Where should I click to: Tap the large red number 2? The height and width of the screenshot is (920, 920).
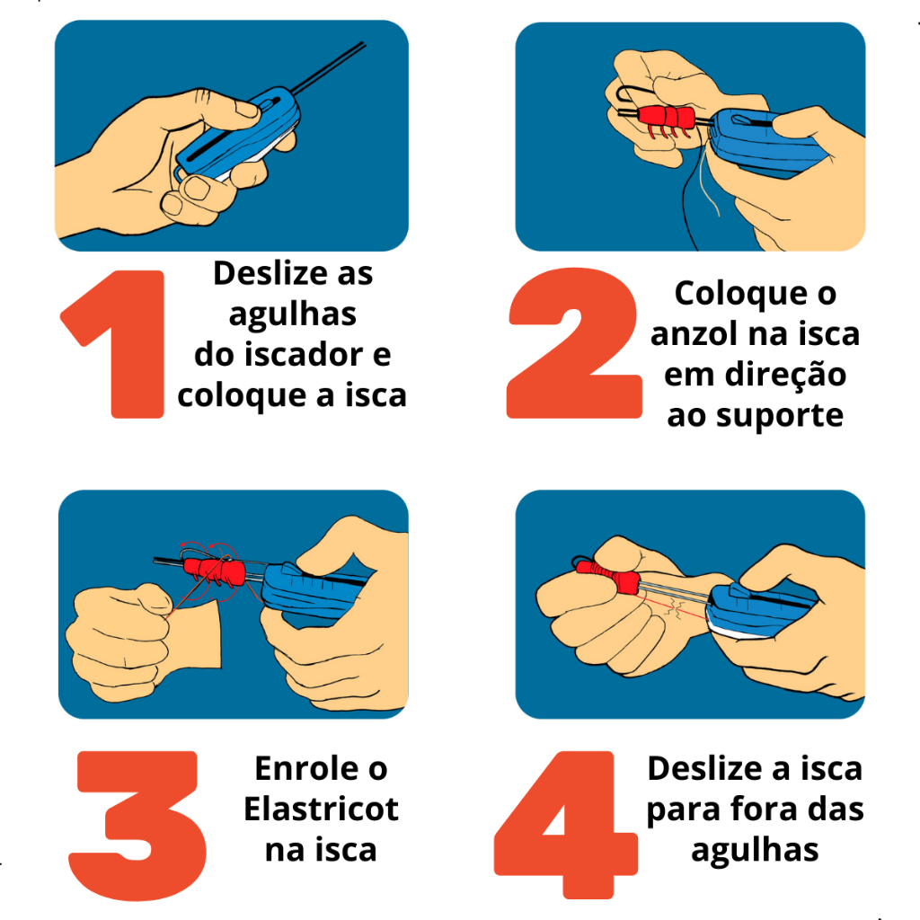coord(574,343)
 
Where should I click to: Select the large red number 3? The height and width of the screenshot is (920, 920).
coord(137,825)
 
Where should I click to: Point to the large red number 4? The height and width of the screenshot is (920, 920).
coord(567,825)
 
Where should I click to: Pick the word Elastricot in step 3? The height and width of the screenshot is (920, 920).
coord(321,809)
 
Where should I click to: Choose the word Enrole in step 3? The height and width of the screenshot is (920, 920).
coord(307,768)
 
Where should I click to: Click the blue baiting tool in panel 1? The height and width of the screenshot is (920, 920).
coord(237,134)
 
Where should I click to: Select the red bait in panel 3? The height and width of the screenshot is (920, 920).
coord(214,571)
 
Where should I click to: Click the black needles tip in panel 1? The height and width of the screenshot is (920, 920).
coord(364,43)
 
